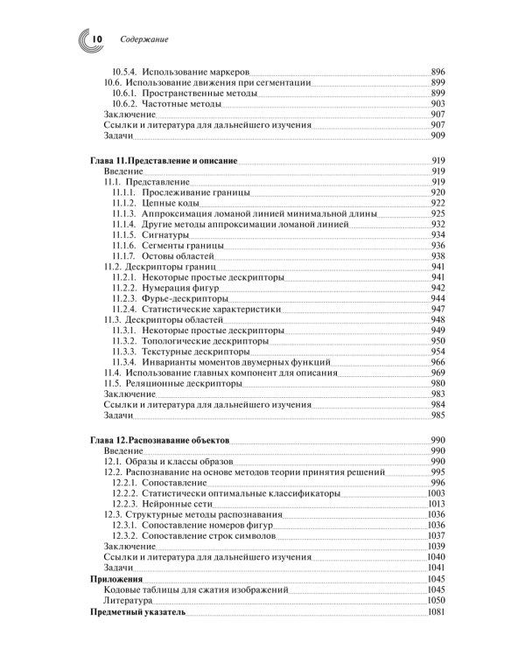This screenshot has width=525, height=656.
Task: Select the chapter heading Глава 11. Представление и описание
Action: coord(164,160)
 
